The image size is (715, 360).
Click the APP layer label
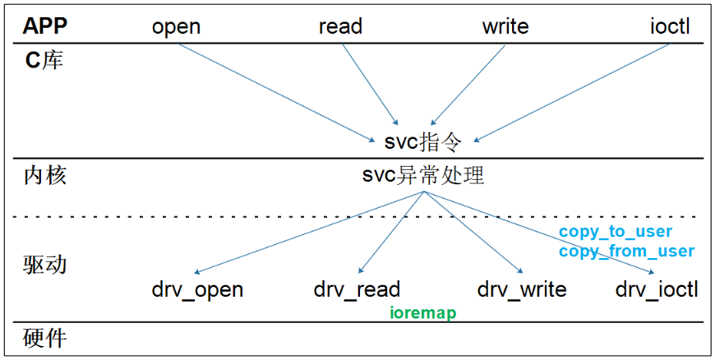pyautogui.click(x=45, y=26)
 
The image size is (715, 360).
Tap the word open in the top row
pyautogui.click(x=176, y=26)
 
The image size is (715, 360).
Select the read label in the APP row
pyautogui.click(x=340, y=26)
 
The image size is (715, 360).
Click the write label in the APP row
pyautogui.click(x=505, y=26)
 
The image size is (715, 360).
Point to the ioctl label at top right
pyautogui.click(x=668, y=26)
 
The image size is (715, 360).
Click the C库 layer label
pyautogui.click(x=43, y=61)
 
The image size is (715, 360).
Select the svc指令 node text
pyautogui.click(x=423, y=141)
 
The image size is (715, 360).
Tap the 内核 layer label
pyautogui.click(x=44, y=175)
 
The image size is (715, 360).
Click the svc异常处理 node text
pyautogui.click(x=423, y=175)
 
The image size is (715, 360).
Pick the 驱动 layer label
pyautogui.click(x=44, y=265)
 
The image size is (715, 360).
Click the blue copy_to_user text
pyautogui.click(x=616, y=232)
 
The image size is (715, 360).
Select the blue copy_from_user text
pyautogui.click(x=626, y=251)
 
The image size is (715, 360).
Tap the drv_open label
pyautogui.click(x=197, y=289)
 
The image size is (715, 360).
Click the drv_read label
pyautogui.click(x=357, y=289)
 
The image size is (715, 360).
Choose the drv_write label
pyautogui.click(x=522, y=289)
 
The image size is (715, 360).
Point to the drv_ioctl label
pyautogui.click(x=657, y=289)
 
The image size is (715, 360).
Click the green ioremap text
pyautogui.click(x=422, y=313)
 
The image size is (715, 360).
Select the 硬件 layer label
pyautogui.click(x=44, y=338)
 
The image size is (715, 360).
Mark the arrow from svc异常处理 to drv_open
pyautogui.click(x=308, y=232)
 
